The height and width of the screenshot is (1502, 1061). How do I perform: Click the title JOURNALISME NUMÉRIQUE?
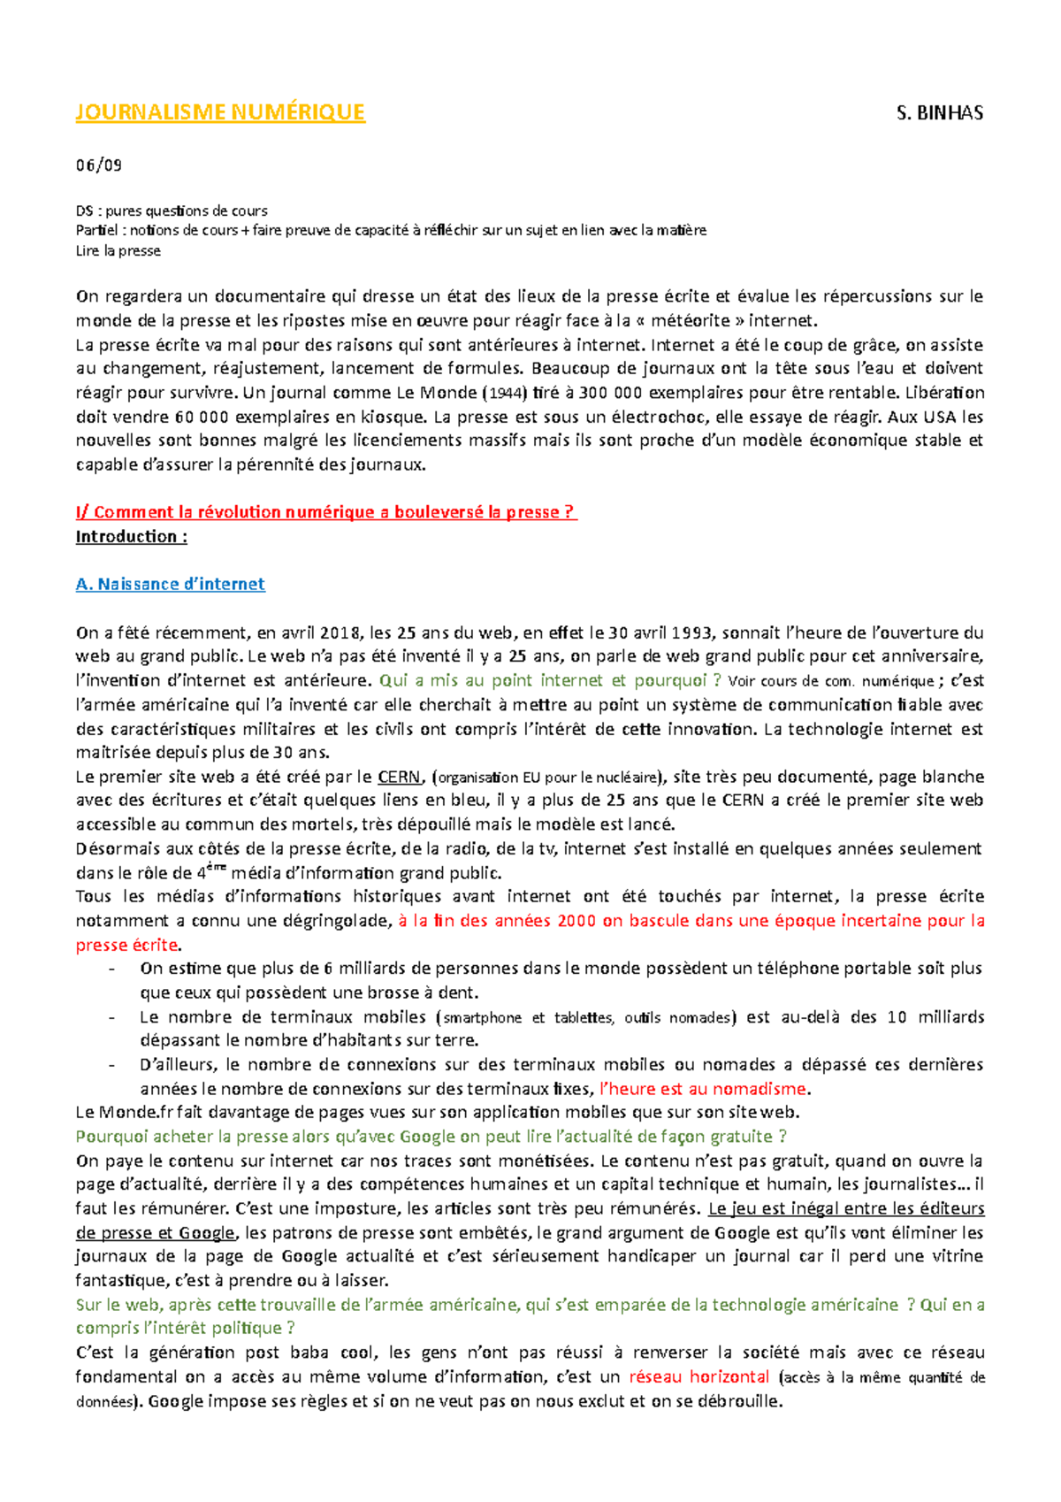(220, 112)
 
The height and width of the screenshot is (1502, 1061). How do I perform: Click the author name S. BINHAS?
(939, 113)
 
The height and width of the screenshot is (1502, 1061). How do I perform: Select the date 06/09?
(98, 165)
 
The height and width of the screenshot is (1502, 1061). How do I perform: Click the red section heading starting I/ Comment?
(326, 512)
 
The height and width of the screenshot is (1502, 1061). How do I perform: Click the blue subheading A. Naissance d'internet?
(171, 585)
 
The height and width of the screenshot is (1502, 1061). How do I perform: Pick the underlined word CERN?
(399, 778)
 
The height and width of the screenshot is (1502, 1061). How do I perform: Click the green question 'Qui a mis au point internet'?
(549, 681)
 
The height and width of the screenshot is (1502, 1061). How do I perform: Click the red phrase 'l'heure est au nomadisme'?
(704, 1090)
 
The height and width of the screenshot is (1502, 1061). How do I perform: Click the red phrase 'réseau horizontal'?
(698, 1377)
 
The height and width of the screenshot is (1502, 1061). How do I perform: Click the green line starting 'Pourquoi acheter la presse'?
(431, 1137)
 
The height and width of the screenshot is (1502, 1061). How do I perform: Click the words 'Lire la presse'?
(118, 251)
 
